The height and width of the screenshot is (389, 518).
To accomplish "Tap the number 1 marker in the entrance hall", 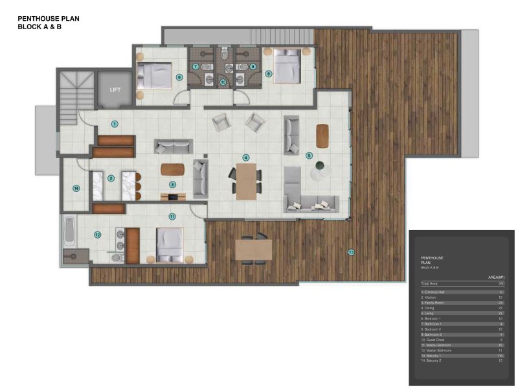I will tap(115, 123).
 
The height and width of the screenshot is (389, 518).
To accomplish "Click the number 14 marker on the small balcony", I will tap(76, 189).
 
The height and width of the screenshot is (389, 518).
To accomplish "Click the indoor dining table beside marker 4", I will tap(246, 181).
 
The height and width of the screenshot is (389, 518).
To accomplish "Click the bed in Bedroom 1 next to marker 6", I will tap(154, 77).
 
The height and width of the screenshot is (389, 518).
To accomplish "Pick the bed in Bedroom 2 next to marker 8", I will tap(285, 66).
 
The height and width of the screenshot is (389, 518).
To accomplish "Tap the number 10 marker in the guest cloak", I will tap(223, 82).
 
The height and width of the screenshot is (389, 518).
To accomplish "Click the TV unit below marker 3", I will tap(174, 196).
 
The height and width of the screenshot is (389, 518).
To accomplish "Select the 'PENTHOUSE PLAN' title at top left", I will tap(49, 19).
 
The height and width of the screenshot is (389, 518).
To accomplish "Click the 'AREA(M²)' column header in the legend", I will tap(496, 277).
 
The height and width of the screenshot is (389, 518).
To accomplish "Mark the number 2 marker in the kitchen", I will tap(111, 178).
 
